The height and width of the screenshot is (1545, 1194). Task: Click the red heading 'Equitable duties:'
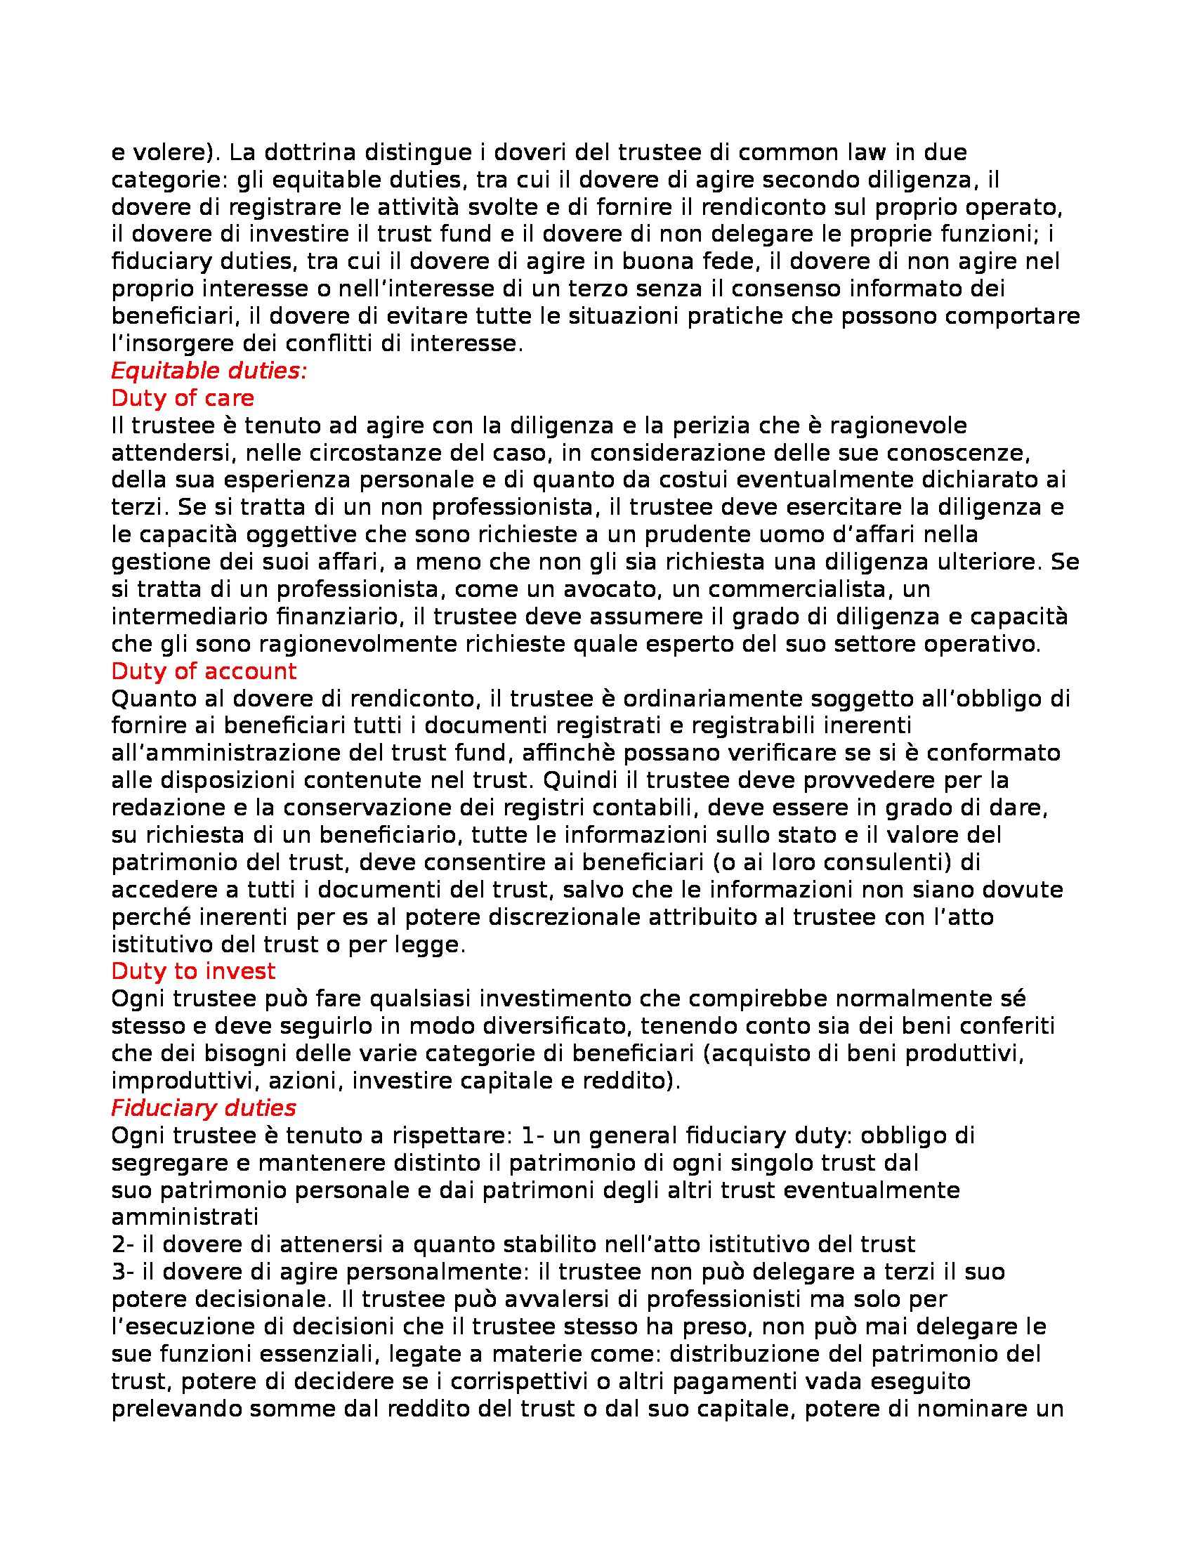[209, 372]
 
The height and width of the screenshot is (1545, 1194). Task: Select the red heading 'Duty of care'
[183, 398]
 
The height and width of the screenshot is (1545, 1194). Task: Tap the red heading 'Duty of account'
[204, 670]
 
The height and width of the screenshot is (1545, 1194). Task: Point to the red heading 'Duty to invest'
[193, 971]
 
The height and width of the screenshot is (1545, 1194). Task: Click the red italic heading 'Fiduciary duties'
[204, 1107]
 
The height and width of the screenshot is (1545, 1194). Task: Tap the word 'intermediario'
[182, 616]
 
